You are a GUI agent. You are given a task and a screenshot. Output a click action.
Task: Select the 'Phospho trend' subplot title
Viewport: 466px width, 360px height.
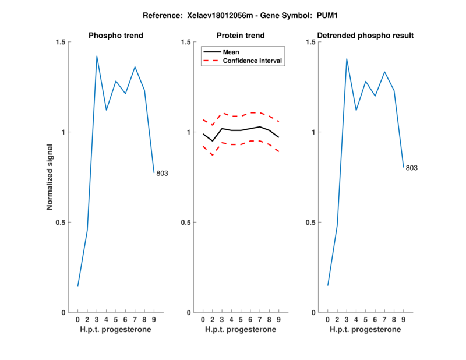[116, 36]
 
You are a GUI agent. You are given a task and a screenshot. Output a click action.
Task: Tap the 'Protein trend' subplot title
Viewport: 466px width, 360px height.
[241, 36]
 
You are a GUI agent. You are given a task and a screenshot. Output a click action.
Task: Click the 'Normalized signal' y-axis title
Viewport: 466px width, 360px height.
[50, 177]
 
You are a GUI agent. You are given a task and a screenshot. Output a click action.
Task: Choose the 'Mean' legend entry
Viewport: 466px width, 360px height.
[231, 52]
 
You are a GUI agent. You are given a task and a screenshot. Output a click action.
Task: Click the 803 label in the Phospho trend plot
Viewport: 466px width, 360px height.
[162, 173]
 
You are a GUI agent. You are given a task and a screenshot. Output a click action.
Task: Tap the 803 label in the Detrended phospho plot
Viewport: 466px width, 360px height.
[412, 168]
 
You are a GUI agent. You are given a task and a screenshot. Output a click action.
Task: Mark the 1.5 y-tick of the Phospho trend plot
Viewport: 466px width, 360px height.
[60, 42]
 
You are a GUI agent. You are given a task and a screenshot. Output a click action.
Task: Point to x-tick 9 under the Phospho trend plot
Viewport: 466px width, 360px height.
[154, 320]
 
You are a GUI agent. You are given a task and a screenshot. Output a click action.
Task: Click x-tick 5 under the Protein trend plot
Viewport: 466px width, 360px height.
[241, 320]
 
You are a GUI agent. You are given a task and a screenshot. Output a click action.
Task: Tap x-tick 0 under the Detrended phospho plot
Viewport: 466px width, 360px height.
[328, 320]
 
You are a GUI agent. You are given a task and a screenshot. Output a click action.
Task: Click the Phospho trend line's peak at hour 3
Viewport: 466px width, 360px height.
[97, 56]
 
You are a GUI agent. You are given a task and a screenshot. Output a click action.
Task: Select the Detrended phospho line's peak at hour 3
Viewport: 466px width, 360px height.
[347, 59]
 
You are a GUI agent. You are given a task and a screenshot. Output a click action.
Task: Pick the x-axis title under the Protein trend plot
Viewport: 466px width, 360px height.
[241, 330]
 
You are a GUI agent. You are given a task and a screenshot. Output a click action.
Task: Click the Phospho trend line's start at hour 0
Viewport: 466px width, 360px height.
[78, 286]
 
